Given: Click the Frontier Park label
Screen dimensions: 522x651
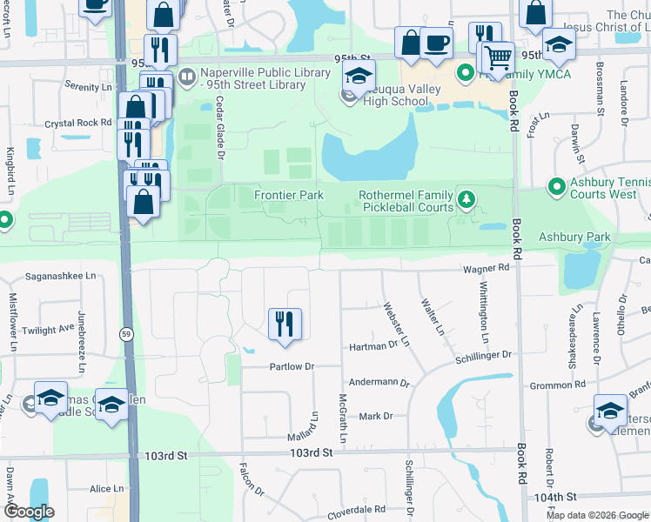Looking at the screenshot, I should coord(289,196).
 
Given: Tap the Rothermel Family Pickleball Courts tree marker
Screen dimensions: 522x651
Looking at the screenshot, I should coord(467,201).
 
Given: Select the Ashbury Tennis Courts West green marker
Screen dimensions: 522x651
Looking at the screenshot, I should coord(555,187).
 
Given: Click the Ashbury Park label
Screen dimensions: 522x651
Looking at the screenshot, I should coord(574,237).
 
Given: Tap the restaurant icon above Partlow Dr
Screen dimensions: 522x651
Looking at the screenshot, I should coord(285,325).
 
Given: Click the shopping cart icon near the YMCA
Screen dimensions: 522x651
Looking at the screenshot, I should coord(497,58).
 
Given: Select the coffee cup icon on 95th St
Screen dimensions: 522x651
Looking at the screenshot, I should coord(436,42).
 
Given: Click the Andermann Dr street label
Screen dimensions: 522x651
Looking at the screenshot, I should coord(379,382).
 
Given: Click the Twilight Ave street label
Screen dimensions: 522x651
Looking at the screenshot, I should coord(49,331).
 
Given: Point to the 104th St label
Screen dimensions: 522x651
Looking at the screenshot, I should coord(557,497).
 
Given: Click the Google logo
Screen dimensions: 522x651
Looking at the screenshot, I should coord(29,512).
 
